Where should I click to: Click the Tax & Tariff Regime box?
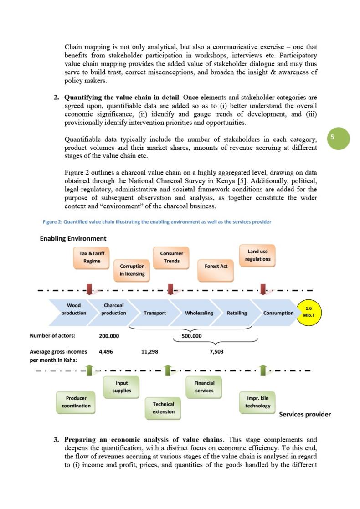(x=92, y=257)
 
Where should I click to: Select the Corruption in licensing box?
(x=132, y=270)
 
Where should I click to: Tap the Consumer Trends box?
(x=171, y=257)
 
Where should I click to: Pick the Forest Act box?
(x=216, y=266)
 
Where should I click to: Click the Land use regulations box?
(x=257, y=255)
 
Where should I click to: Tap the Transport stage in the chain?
(x=154, y=313)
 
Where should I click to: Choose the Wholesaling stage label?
(x=199, y=313)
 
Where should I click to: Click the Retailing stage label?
(x=237, y=313)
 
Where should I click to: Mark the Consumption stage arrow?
(x=278, y=313)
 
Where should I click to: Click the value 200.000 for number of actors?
(x=109, y=336)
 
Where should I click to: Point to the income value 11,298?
(x=150, y=352)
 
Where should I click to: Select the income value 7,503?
(x=216, y=352)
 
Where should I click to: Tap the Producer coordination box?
(x=76, y=402)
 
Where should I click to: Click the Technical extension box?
(x=163, y=408)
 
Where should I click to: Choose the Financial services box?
(x=204, y=387)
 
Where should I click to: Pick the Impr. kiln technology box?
(x=257, y=402)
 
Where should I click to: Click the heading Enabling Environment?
(x=73, y=238)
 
